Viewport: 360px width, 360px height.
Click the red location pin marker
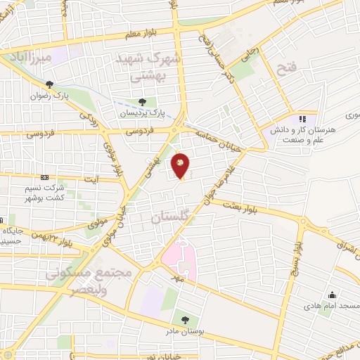pos(181,165)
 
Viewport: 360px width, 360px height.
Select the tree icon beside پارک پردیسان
pos(143,102)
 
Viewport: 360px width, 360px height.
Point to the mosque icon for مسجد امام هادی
pos(332,295)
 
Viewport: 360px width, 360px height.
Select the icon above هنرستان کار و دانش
pos(303,119)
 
